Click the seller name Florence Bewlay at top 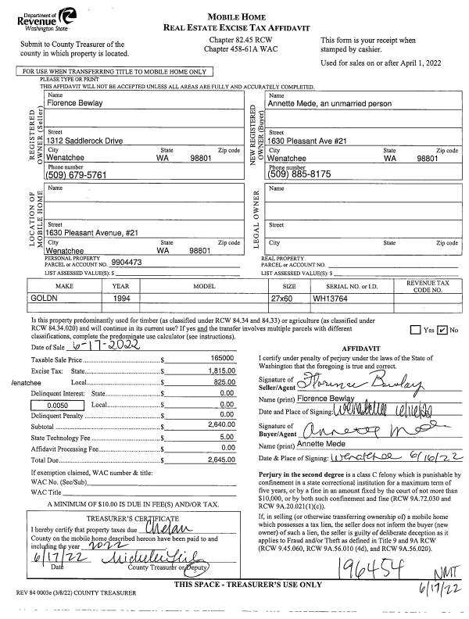pyautogui.click(x=75, y=103)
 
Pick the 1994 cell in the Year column pyautogui.click(x=123, y=299)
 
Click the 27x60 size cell pyautogui.click(x=281, y=299)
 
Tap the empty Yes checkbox pyautogui.click(x=415, y=331)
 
